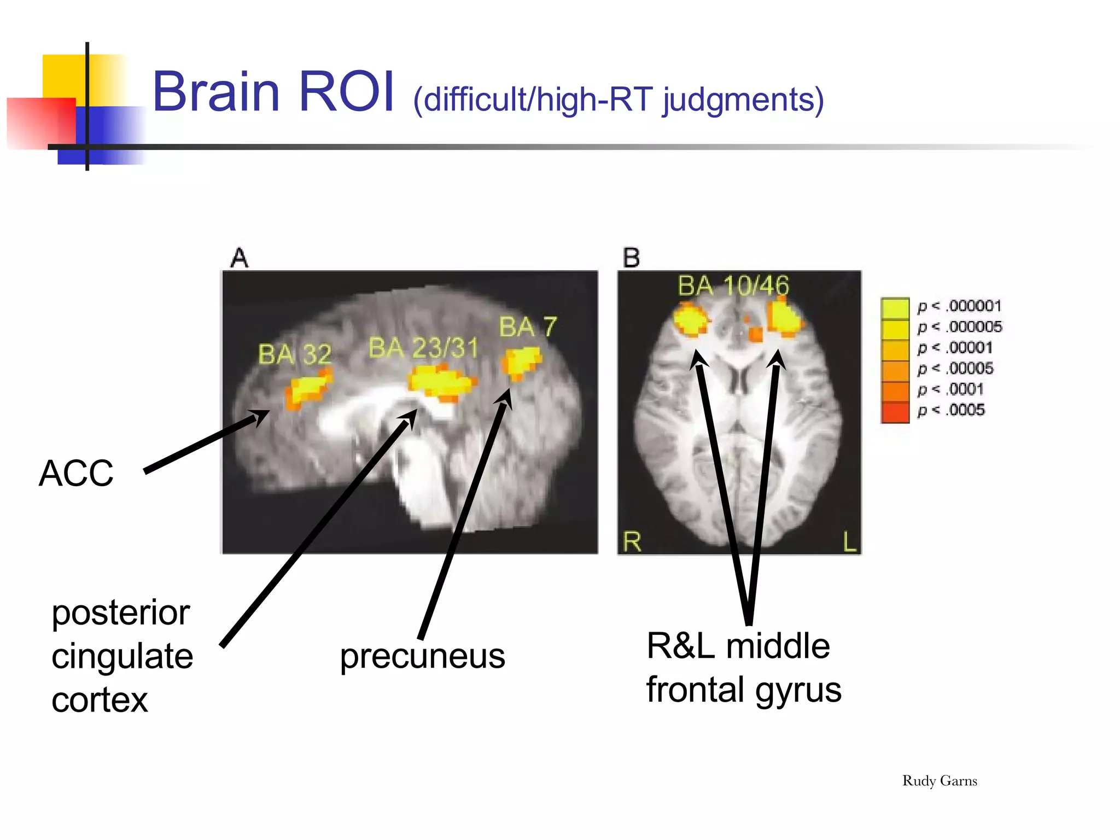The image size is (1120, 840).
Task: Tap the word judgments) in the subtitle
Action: (x=743, y=101)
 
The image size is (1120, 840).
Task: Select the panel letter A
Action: (x=240, y=258)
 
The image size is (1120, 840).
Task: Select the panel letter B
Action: (x=632, y=258)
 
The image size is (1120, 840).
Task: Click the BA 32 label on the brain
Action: (x=295, y=354)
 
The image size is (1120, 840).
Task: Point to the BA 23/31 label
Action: (x=423, y=348)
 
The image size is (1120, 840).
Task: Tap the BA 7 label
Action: (x=528, y=327)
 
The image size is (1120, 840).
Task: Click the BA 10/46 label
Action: (x=733, y=286)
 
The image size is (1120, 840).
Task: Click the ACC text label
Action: (x=76, y=473)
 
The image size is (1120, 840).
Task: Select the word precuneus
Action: (x=422, y=656)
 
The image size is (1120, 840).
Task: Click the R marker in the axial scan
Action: (x=632, y=541)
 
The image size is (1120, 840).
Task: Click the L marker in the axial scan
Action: (x=849, y=542)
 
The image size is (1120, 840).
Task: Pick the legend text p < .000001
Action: (x=959, y=306)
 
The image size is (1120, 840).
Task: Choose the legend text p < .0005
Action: (x=951, y=410)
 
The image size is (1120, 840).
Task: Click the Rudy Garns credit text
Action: (x=939, y=781)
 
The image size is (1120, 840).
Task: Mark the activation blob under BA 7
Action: (x=521, y=362)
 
